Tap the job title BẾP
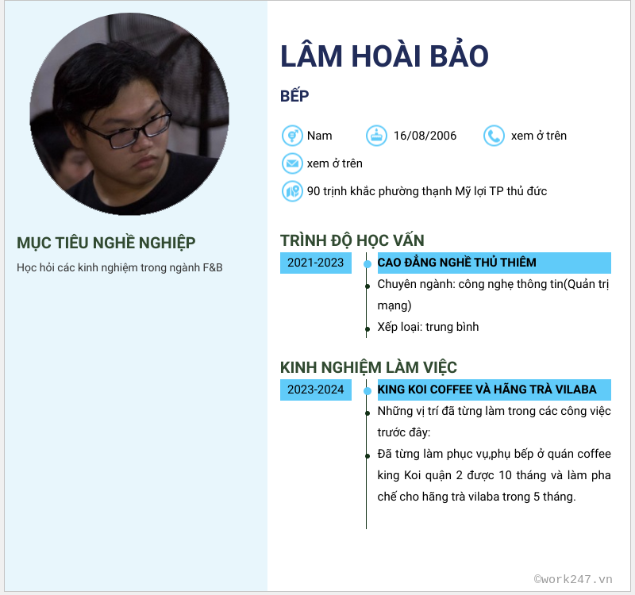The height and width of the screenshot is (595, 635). click(x=294, y=96)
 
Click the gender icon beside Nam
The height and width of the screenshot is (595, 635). click(x=292, y=136)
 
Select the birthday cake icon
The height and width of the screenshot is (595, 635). click(x=376, y=136)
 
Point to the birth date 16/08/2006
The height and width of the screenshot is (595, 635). click(x=425, y=136)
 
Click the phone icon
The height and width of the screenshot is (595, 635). click(x=494, y=136)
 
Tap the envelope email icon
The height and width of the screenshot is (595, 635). click(x=292, y=163)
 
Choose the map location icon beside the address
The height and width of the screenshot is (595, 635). click(x=292, y=191)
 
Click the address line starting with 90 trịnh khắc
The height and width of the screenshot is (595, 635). click(x=427, y=191)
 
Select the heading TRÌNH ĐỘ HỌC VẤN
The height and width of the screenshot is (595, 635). click(x=352, y=240)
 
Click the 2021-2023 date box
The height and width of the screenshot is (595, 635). click(x=316, y=263)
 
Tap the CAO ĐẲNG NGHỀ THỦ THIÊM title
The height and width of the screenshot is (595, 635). click(x=457, y=263)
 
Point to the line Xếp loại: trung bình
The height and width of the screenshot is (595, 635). click(x=428, y=327)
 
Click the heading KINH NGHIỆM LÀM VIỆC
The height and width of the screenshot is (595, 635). click(x=368, y=367)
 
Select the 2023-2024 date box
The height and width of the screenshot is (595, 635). click(x=316, y=390)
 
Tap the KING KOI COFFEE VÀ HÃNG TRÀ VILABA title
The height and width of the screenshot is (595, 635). click(x=487, y=390)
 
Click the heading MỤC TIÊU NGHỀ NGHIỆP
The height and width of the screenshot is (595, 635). click(x=106, y=243)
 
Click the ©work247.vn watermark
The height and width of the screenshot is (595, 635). click(x=572, y=579)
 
